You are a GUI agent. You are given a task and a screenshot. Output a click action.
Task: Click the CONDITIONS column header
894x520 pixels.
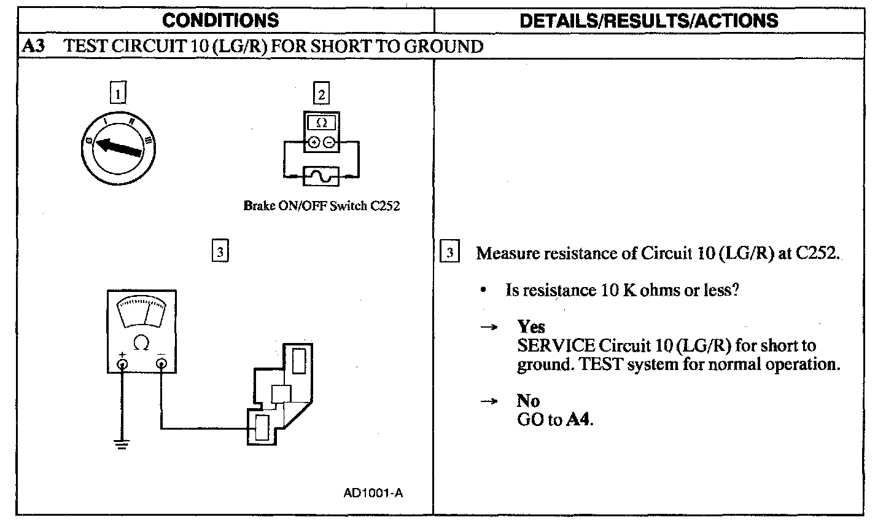pos(220,20)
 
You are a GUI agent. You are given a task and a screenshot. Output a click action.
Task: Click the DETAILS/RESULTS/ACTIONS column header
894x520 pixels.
pos(648,20)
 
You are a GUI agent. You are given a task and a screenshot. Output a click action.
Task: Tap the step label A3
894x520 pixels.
pos(32,46)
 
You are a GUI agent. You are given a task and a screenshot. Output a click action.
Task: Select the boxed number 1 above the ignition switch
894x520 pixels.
pos(118,94)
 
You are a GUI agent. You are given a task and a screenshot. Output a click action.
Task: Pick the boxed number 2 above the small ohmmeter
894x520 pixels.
pos(321,94)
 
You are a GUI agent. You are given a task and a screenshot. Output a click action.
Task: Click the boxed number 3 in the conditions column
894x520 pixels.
pos(220,251)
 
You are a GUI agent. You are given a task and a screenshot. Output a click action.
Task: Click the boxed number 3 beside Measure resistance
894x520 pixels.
pos(450,253)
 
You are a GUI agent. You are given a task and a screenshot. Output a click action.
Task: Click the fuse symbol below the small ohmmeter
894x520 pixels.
pos(322,176)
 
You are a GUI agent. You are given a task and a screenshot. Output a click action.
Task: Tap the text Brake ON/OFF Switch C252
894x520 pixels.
pos(321,207)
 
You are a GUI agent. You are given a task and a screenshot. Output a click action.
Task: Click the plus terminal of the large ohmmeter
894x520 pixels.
pos(123,364)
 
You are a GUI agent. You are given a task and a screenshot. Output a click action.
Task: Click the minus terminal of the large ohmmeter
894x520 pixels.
pos(161,364)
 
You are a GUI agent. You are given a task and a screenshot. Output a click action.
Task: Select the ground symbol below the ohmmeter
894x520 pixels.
pos(123,444)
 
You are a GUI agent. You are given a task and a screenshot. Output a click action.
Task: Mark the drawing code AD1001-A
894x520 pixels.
pos(373,493)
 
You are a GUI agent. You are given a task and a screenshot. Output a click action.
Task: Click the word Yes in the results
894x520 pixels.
pos(531,326)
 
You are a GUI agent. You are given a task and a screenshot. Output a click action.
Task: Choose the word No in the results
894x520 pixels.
pos(528,401)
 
